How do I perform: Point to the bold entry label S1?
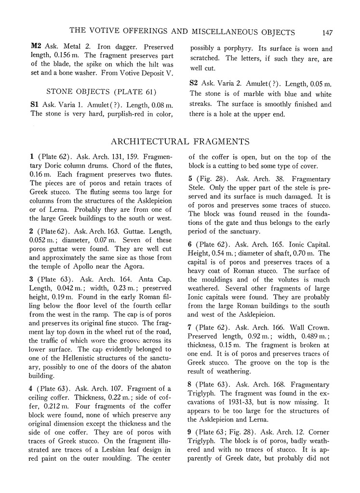point(36,104)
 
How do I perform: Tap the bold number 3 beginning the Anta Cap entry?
point(32,279)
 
